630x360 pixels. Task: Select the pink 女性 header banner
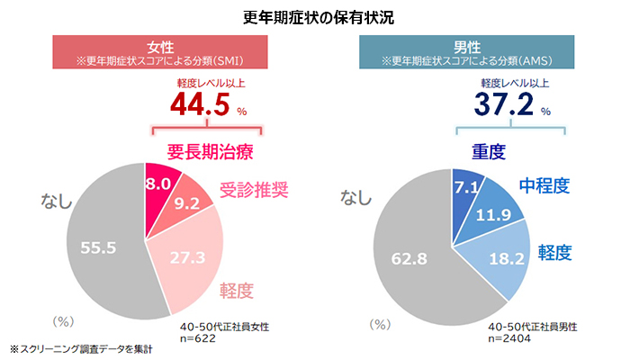pyautogui.click(x=159, y=53)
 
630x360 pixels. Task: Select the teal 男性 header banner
pyautogui.click(x=466, y=53)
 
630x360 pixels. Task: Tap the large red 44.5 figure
pyautogui.click(x=201, y=106)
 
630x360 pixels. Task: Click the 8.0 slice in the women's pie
pyautogui.click(x=161, y=184)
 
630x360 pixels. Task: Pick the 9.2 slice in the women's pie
pyautogui.click(x=190, y=204)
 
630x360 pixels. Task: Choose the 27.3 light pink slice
pyautogui.click(x=185, y=258)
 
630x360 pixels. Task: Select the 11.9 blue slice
pyautogui.click(x=498, y=214)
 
